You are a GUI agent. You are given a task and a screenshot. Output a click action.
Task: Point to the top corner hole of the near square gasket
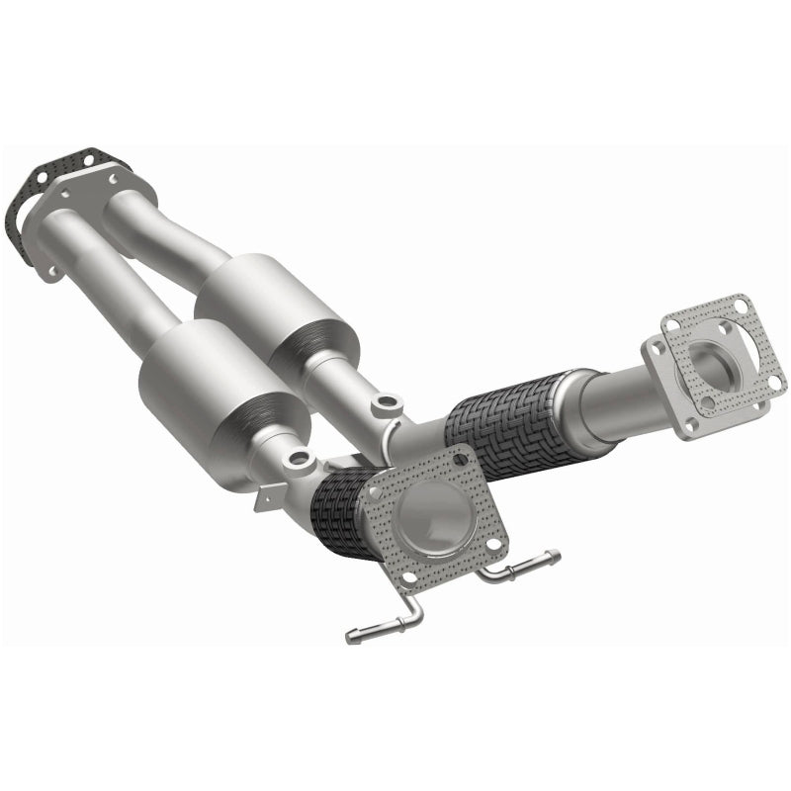pyautogui.click(x=459, y=457)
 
